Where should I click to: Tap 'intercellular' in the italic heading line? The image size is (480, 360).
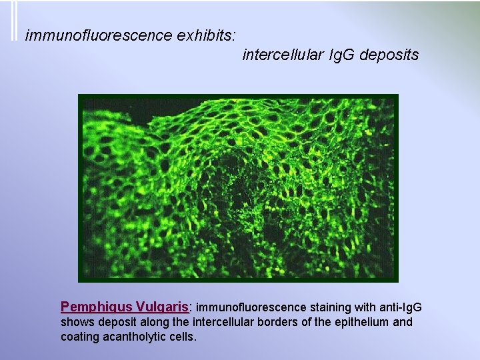click(283, 55)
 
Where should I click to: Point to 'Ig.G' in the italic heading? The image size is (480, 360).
click(342, 55)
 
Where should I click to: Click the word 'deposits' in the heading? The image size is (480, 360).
click(389, 55)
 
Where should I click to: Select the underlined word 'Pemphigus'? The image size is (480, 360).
click(95, 307)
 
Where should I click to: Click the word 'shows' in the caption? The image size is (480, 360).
click(77, 322)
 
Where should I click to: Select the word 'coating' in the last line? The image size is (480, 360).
click(80, 337)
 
